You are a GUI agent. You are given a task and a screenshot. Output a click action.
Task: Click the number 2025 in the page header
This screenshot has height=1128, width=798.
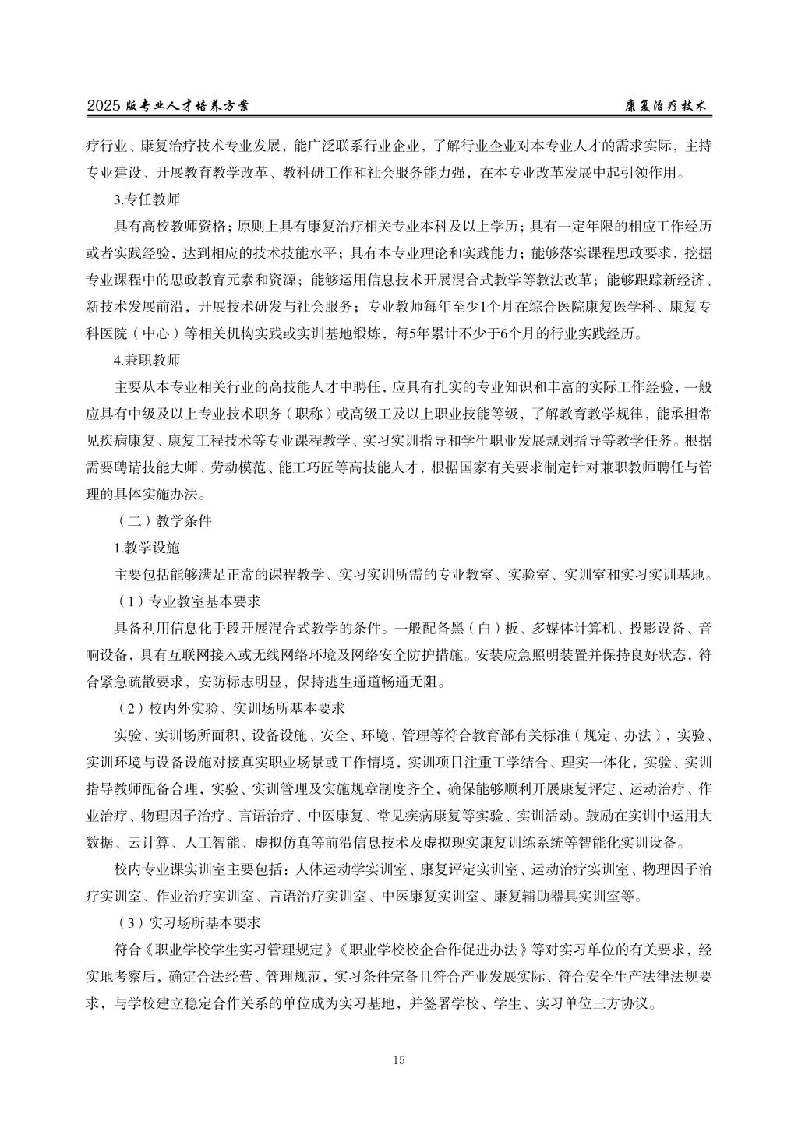[x=103, y=106]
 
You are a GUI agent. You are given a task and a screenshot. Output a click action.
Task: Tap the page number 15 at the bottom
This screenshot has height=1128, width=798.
[x=399, y=1059]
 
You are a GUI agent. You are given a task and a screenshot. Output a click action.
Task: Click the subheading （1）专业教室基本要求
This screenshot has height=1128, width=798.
[x=187, y=602]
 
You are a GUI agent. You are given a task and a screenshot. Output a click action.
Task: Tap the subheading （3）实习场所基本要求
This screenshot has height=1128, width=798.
[x=187, y=923]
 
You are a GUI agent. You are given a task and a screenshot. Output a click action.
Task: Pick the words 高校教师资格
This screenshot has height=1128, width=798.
[x=183, y=226]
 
